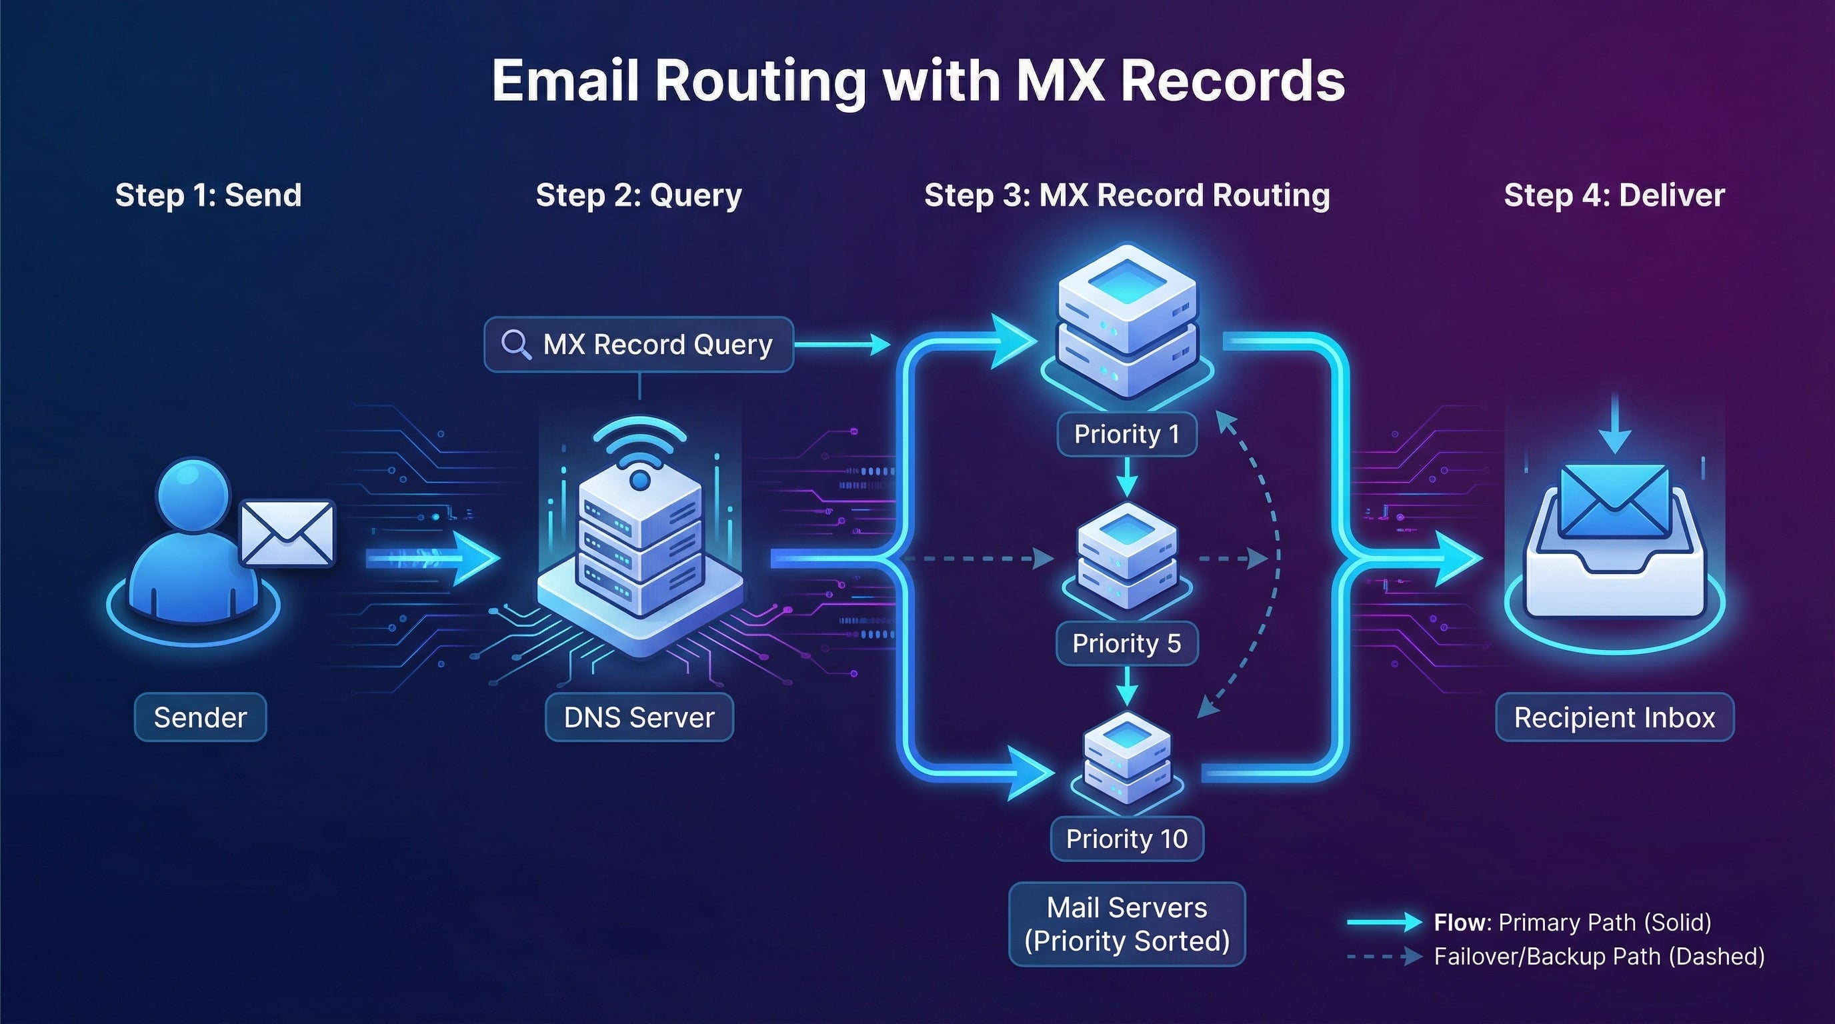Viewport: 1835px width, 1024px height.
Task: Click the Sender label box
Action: pos(200,717)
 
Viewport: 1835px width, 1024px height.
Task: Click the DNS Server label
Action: pos(639,717)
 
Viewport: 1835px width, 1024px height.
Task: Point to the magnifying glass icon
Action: pos(515,345)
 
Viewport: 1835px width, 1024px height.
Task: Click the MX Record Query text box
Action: pos(639,345)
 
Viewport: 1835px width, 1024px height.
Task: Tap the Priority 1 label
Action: pos(1126,435)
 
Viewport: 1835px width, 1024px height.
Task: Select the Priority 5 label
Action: pos(1126,644)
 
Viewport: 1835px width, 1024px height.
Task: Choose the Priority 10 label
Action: pos(1126,839)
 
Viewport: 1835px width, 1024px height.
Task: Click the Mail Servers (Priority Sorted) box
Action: pos(1126,924)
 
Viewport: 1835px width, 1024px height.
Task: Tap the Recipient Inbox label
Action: pos(1614,717)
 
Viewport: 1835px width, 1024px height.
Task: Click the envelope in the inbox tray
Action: pos(1614,502)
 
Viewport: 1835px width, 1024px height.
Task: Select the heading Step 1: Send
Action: pos(208,195)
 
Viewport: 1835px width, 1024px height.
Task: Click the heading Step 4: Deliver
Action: pos(1614,195)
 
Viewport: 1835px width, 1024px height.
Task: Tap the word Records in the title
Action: pos(1232,81)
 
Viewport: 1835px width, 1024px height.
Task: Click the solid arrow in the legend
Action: pos(1384,922)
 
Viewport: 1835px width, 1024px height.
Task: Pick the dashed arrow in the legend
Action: pos(1384,957)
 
